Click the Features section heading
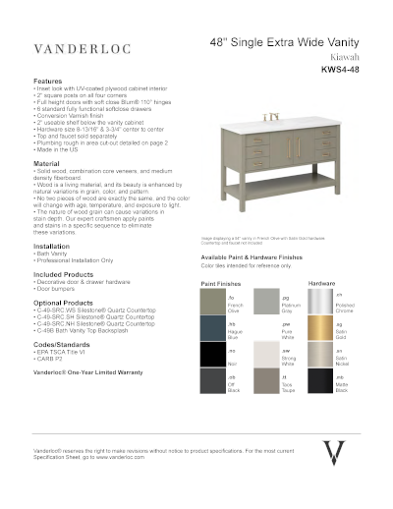[x=48, y=80]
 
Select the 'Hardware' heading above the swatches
[x=321, y=283]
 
